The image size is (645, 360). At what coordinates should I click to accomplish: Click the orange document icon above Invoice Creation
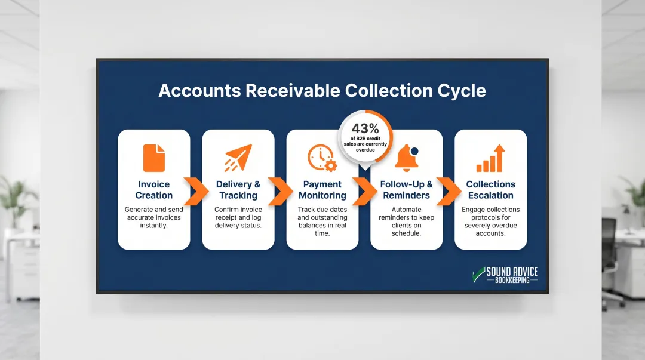click(154, 158)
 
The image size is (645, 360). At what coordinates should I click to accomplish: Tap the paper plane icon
click(238, 158)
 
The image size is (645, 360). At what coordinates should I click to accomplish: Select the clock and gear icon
click(322, 158)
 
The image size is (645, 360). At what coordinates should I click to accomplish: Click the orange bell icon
click(406, 158)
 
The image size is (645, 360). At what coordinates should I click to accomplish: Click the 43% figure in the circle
click(365, 128)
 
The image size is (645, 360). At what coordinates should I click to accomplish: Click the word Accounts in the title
click(198, 91)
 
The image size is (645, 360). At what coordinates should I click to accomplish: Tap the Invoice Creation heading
click(154, 190)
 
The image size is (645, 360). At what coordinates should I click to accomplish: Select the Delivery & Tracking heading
click(238, 190)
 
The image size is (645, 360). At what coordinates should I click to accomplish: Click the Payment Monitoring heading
click(322, 190)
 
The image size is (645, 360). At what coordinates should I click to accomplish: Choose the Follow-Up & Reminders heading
click(407, 190)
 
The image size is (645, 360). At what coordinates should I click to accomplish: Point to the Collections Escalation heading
click(491, 190)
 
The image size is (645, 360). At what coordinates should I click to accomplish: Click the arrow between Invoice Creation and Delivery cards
click(195, 190)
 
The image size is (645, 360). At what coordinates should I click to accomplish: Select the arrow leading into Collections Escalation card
click(447, 190)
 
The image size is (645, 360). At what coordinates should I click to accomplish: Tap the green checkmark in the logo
click(478, 274)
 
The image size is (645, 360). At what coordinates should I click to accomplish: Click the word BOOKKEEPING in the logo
click(512, 280)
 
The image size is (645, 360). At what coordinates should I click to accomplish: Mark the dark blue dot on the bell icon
click(414, 151)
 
